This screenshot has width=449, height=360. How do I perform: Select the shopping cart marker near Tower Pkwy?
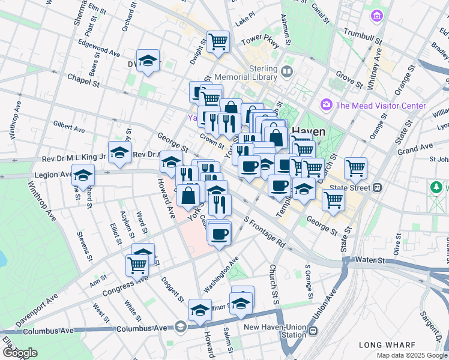[218, 42]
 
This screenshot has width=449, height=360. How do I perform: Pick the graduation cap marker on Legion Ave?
[83, 175]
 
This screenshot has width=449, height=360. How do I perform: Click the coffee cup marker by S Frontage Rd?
[220, 233]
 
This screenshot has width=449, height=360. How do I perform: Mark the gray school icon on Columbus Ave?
[181, 327]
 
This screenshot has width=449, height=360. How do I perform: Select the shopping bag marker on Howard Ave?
[188, 195]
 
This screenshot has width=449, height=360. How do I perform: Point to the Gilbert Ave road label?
[68, 128]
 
